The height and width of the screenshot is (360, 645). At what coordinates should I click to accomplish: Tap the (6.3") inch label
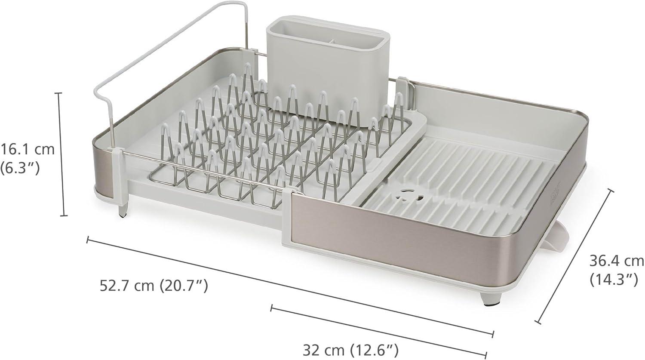point(20,168)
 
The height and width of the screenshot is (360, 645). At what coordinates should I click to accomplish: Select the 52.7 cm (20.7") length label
point(154,285)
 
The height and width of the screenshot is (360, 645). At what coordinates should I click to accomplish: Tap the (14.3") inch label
point(613,280)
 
